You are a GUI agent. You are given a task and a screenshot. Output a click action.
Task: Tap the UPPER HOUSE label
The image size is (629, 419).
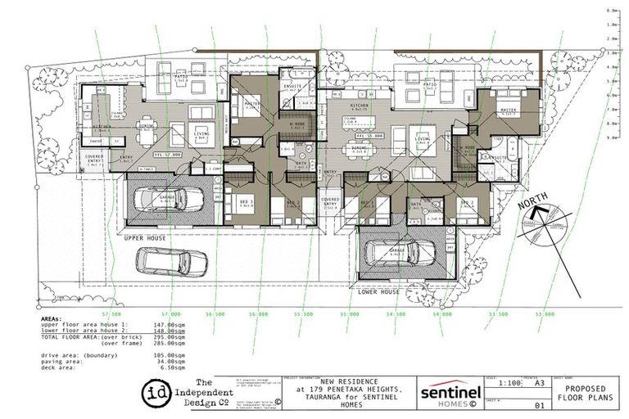(146, 238)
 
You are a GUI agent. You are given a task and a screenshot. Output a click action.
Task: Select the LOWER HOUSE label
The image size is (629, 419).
(379, 291)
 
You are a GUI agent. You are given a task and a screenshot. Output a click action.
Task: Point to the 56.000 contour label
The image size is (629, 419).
(258, 313)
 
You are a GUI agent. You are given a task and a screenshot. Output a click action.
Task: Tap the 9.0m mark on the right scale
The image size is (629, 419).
(610, 138)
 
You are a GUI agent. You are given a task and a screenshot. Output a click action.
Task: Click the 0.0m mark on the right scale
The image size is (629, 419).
(610, 10)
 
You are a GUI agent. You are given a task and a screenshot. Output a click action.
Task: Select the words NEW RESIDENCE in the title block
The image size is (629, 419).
(343, 381)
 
